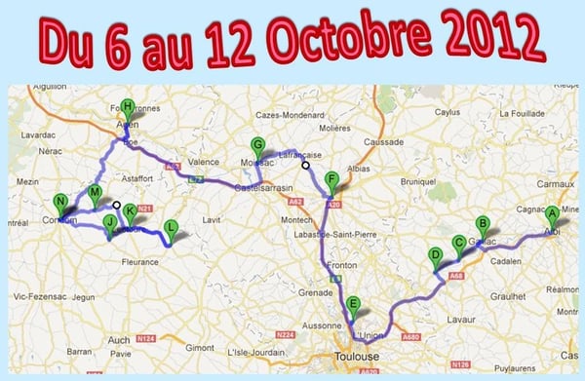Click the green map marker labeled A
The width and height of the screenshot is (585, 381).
pos(552,214)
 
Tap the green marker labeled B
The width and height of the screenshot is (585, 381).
pos(482,224)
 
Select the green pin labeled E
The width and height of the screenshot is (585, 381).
pos(353,304)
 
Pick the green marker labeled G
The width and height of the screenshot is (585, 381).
pos(256,144)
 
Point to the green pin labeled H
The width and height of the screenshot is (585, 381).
pos(128,107)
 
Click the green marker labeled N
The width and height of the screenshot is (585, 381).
pos(60,204)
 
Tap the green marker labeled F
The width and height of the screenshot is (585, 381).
pos(332,179)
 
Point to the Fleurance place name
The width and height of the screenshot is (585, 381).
pos(139,261)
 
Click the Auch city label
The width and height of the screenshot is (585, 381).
pos(119,339)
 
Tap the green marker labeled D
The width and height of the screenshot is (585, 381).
pos(435,257)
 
